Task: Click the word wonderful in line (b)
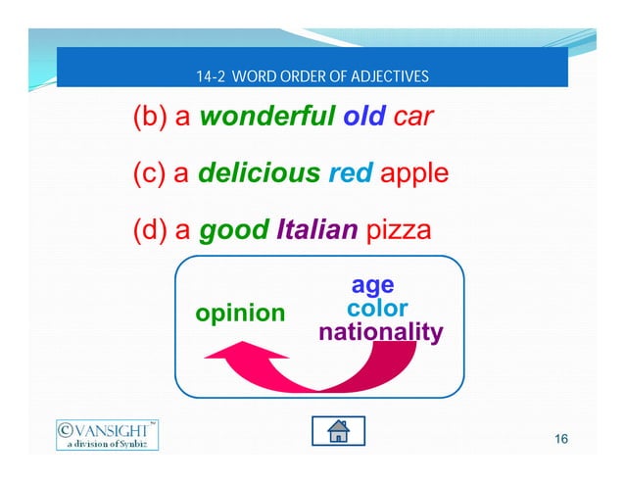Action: [267, 119]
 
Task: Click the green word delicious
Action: [259, 174]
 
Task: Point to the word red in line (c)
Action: [351, 174]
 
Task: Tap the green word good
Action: [233, 231]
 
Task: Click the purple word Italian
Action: [316, 231]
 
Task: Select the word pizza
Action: [397, 231]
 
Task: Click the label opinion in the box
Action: [240, 314]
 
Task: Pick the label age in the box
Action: [372, 285]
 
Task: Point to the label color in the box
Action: [377, 309]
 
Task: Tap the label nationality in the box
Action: [381, 332]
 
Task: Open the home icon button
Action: [338, 431]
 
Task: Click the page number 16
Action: [560, 438]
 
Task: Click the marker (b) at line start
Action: [150, 119]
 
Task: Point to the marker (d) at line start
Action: [150, 231]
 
